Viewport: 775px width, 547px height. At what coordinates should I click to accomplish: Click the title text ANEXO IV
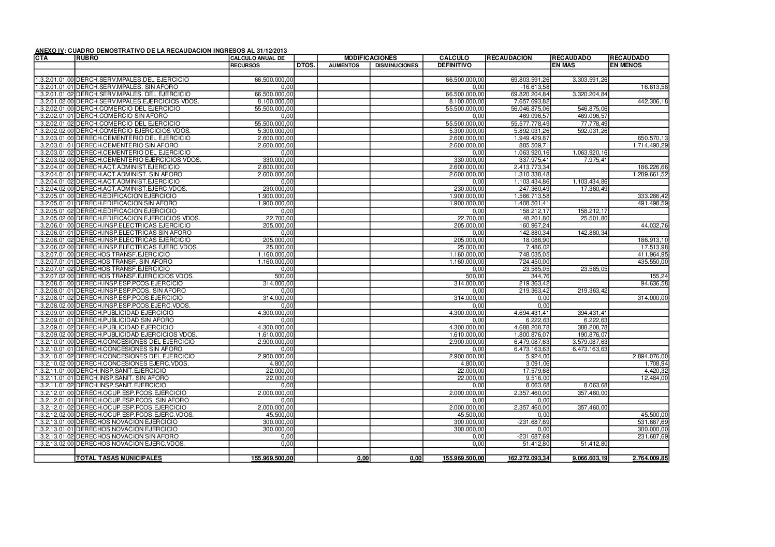coord(50,51)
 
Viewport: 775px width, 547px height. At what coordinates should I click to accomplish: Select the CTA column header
coord(40,58)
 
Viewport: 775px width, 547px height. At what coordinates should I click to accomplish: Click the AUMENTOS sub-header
coord(343,66)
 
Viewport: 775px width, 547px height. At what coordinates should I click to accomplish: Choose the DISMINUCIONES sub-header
coord(396,66)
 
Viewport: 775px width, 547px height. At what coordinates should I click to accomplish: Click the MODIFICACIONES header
coord(370,58)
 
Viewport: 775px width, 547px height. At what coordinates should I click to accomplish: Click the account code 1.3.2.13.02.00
coord(54,444)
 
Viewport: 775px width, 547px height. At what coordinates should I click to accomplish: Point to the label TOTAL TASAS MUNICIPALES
coord(119,458)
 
